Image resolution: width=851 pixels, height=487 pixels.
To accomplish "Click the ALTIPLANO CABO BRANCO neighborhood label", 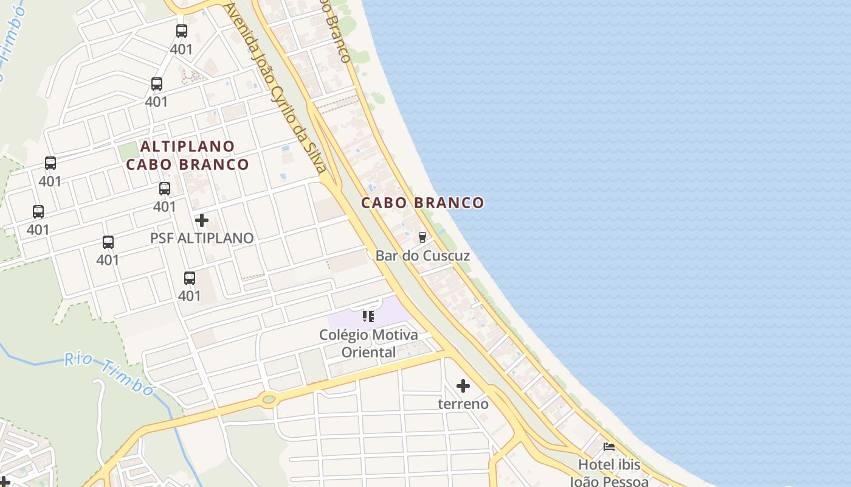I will click(x=188, y=155).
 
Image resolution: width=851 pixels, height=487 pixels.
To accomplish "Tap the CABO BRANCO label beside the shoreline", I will click(x=422, y=203).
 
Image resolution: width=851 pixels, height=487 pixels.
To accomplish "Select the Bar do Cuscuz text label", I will click(x=422, y=255).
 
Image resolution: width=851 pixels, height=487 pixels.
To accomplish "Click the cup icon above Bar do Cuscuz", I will click(x=422, y=237).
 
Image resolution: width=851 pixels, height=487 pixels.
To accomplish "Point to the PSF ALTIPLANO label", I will click(x=202, y=238).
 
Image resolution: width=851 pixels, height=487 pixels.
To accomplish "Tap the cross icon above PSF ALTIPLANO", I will click(x=202, y=220).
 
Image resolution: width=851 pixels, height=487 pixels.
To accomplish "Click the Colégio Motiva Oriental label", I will click(x=368, y=343).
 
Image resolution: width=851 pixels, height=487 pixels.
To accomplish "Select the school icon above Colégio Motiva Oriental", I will click(x=368, y=316).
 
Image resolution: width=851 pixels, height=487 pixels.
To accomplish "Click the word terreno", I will click(x=463, y=404).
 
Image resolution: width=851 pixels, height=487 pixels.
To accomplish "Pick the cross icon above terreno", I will click(x=463, y=385).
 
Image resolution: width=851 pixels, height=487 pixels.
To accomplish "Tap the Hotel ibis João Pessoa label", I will click(x=609, y=472).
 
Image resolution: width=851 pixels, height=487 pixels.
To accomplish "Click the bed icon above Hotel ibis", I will click(x=609, y=447).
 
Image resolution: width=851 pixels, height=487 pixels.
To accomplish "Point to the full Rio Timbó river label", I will click(x=109, y=373).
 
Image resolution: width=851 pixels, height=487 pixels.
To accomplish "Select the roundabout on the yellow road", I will click(x=269, y=399).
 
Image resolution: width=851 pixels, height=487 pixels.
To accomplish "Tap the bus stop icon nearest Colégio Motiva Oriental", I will click(x=190, y=278).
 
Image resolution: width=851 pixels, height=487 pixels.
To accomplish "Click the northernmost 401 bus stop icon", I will click(x=182, y=31).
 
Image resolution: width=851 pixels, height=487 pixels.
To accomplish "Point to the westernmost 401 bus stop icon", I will click(x=38, y=212).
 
